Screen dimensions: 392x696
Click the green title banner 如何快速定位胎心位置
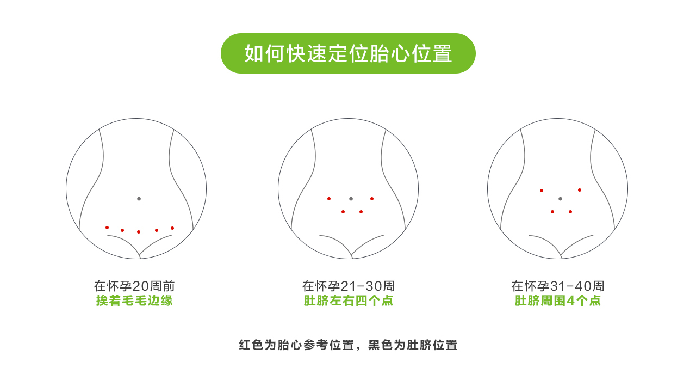point(348,53)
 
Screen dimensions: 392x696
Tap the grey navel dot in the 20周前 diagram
point(139,199)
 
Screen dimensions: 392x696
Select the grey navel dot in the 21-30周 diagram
point(351,199)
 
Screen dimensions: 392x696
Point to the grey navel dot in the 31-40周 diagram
point(560,199)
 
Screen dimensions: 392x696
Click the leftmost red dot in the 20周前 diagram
point(107,228)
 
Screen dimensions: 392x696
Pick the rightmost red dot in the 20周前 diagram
point(172,228)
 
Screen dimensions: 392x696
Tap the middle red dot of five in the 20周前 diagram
point(139,232)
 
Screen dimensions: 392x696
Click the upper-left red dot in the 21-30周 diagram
point(329,199)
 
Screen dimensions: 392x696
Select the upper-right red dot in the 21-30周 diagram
point(372,199)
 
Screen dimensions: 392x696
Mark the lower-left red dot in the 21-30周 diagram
point(343,212)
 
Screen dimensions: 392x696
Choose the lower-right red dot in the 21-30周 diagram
point(361,212)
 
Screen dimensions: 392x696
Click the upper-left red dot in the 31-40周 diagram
point(542,191)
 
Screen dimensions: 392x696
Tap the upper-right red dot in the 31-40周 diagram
point(580,190)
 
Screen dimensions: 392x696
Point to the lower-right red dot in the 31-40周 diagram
point(570,212)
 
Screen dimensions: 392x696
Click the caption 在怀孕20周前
point(134,286)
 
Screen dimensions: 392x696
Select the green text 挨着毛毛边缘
point(134,301)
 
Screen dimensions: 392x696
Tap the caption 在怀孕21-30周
point(349,286)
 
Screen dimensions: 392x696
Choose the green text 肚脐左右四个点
point(349,301)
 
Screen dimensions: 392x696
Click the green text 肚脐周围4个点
point(558,301)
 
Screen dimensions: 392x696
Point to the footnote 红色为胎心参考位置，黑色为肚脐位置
point(348,345)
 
